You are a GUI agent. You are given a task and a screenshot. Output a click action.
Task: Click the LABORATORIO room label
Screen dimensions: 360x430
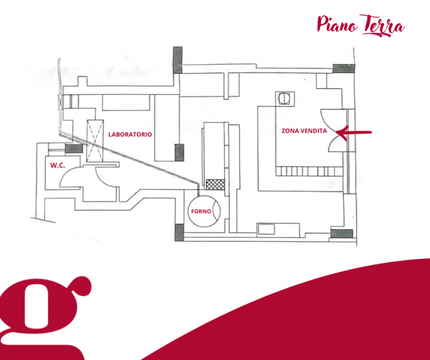tap(130, 134)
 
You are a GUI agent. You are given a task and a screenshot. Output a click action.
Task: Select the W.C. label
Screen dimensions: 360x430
tap(58, 165)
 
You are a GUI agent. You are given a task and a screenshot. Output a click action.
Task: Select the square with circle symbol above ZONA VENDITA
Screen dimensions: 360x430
tap(283, 98)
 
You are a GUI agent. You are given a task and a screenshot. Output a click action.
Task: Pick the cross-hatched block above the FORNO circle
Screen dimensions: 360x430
tap(214, 184)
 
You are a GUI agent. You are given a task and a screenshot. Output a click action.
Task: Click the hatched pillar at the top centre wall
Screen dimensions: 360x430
tap(177, 60)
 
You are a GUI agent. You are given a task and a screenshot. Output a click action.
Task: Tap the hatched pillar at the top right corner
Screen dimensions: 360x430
tap(344, 68)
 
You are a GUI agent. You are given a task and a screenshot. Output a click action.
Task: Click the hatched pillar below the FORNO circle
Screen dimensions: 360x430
tap(178, 232)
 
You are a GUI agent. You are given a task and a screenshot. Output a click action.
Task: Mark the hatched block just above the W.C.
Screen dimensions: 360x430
tap(71, 149)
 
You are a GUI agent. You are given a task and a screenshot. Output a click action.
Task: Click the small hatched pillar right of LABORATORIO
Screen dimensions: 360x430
tap(179, 152)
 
